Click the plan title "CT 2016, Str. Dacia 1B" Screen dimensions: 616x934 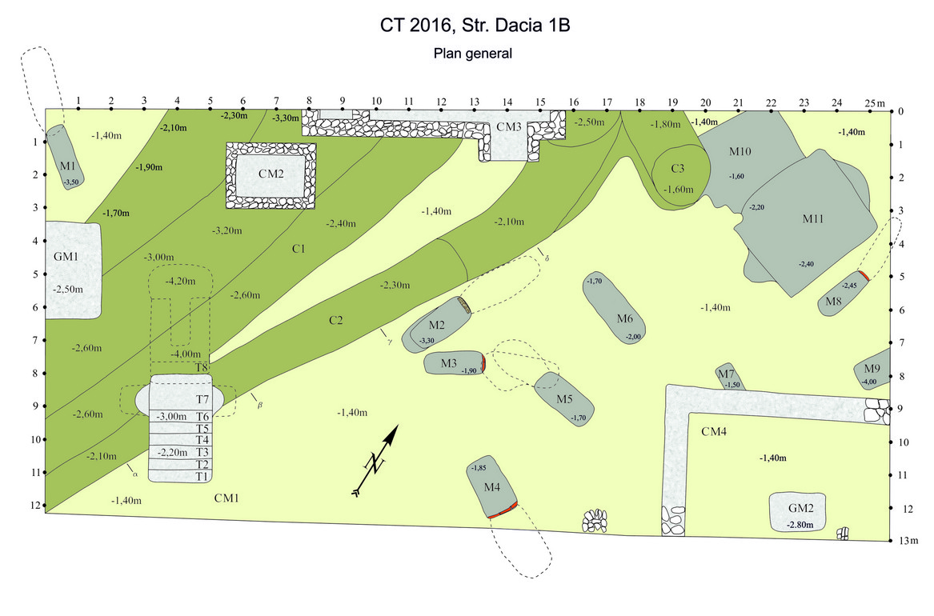(475, 26)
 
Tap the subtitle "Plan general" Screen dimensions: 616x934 (472, 54)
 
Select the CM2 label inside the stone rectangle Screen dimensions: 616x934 (271, 174)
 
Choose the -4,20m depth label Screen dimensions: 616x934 (179, 282)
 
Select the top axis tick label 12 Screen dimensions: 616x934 (441, 102)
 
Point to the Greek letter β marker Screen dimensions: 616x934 (259, 406)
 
